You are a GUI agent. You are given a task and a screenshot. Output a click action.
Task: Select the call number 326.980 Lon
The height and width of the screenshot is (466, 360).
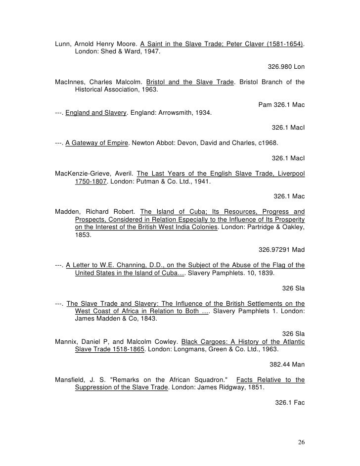tap(286, 66)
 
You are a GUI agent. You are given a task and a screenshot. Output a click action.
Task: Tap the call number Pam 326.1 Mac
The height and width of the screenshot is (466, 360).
tap(281, 104)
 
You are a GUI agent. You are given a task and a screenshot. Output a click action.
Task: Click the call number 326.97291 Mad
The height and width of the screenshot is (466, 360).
tap(281, 249)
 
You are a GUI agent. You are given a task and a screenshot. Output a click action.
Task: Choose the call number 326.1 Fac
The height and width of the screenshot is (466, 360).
tap(290, 403)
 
